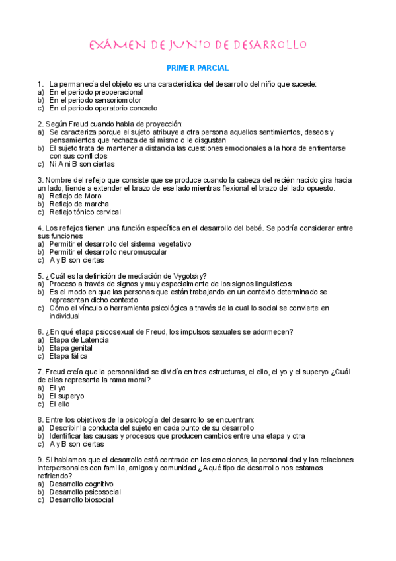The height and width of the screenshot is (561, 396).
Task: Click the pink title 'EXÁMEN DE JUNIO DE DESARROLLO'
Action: pyautogui.click(x=198, y=45)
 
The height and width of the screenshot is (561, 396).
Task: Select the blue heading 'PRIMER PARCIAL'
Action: pyautogui.click(x=198, y=68)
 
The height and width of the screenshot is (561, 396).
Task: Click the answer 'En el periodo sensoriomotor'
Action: pyautogui.click(x=95, y=100)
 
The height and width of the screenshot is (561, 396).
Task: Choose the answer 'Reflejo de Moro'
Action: pyautogui.click(x=75, y=196)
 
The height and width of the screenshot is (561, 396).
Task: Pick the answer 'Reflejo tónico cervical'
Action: pyautogui.click(x=85, y=212)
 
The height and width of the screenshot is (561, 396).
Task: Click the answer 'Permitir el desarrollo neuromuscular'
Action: pyautogui.click(x=108, y=251)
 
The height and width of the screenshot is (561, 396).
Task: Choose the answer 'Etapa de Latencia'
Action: pyautogui.click(x=79, y=340)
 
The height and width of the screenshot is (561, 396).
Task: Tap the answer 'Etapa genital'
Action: pyautogui.click(x=71, y=348)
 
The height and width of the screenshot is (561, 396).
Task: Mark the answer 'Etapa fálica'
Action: pyautogui.click(x=69, y=356)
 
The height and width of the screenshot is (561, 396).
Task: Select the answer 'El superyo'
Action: pyautogui.click(x=67, y=396)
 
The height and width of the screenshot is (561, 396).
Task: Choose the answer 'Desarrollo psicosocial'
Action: pyautogui.click(x=85, y=492)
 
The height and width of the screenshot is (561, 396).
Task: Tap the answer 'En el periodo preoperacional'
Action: pyautogui.click(x=96, y=92)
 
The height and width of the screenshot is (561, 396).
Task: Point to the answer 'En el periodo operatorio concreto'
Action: pyautogui.click(x=103, y=108)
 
